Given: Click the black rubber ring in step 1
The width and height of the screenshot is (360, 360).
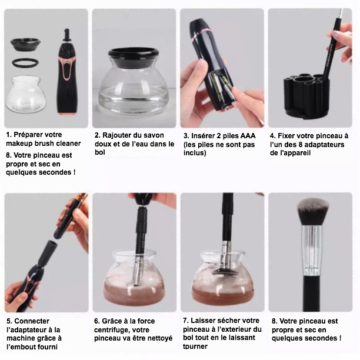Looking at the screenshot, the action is [x=25, y=59].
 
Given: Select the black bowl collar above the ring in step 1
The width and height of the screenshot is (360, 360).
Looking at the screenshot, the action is [x=25, y=44].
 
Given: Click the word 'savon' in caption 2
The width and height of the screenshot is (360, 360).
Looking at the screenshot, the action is [x=152, y=135].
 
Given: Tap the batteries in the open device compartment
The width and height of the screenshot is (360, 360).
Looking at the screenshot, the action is [x=221, y=87].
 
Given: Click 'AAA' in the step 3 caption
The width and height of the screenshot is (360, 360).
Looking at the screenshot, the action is [x=248, y=136].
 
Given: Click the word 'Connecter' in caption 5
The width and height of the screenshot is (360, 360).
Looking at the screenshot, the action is [x=32, y=321].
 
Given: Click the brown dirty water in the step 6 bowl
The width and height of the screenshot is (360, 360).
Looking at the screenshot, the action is [x=134, y=293].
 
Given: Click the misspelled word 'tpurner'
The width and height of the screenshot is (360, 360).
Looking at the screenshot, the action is [x=195, y=346].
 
